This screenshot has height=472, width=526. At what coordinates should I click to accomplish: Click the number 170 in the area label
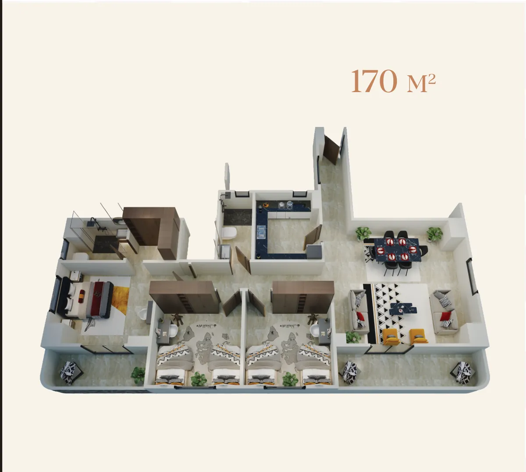[374, 81]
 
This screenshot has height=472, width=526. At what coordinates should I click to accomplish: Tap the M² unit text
[421, 82]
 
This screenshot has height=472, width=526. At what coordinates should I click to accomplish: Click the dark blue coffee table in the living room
[403, 308]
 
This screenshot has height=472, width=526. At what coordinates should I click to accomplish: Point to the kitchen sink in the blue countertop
[261, 231]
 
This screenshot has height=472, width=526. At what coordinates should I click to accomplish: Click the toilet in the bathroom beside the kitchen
[229, 232]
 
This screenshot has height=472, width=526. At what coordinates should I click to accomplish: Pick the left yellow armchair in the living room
[391, 336]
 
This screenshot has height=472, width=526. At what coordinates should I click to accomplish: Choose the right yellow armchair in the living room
[419, 336]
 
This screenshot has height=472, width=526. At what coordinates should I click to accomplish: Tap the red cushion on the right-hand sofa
[445, 316]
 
